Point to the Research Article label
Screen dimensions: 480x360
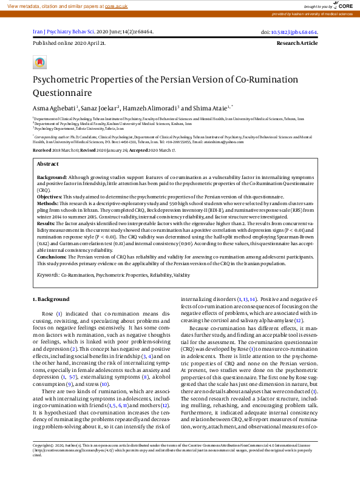(x=297, y=44)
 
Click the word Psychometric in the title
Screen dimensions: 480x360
(x=62, y=79)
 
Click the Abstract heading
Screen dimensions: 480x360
(x=48, y=164)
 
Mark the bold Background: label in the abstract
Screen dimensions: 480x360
(x=52, y=177)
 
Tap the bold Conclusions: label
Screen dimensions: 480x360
(x=53, y=257)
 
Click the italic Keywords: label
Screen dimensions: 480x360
(x=48, y=275)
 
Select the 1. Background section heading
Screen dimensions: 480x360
(x=52, y=300)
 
